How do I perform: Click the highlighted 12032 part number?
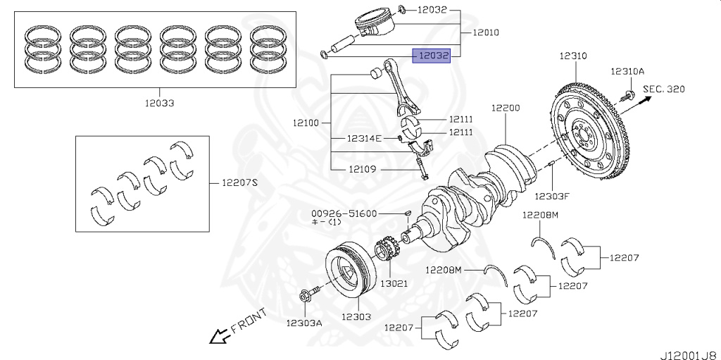[x=431, y=54]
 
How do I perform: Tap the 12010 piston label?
[x=486, y=32]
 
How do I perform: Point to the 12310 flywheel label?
[x=573, y=55]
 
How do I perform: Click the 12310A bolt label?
[x=627, y=72]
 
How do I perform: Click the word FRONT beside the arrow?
[x=249, y=321]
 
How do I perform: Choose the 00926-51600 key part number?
[x=345, y=213]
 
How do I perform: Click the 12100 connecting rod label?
[x=306, y=123]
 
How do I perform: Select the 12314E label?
[x=364, y=139]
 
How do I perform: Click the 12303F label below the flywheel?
[x=551, y=196]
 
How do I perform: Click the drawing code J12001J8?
[x=688, y=352]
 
